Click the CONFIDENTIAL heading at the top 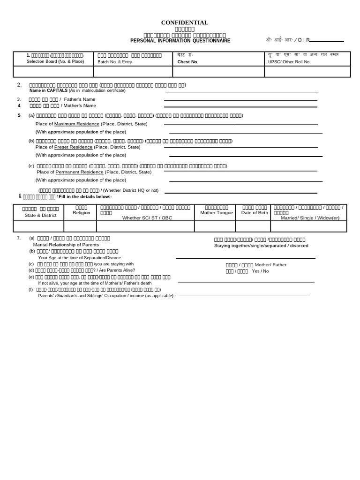[185, 22]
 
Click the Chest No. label [188, 61]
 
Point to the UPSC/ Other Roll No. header [289, 61]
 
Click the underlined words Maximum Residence [77, 124]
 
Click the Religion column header [81, 212]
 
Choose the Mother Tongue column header [216, 212]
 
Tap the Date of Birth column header [255, 212]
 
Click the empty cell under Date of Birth [255, 226]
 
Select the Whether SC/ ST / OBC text [147, 218]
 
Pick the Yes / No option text [260, 271]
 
